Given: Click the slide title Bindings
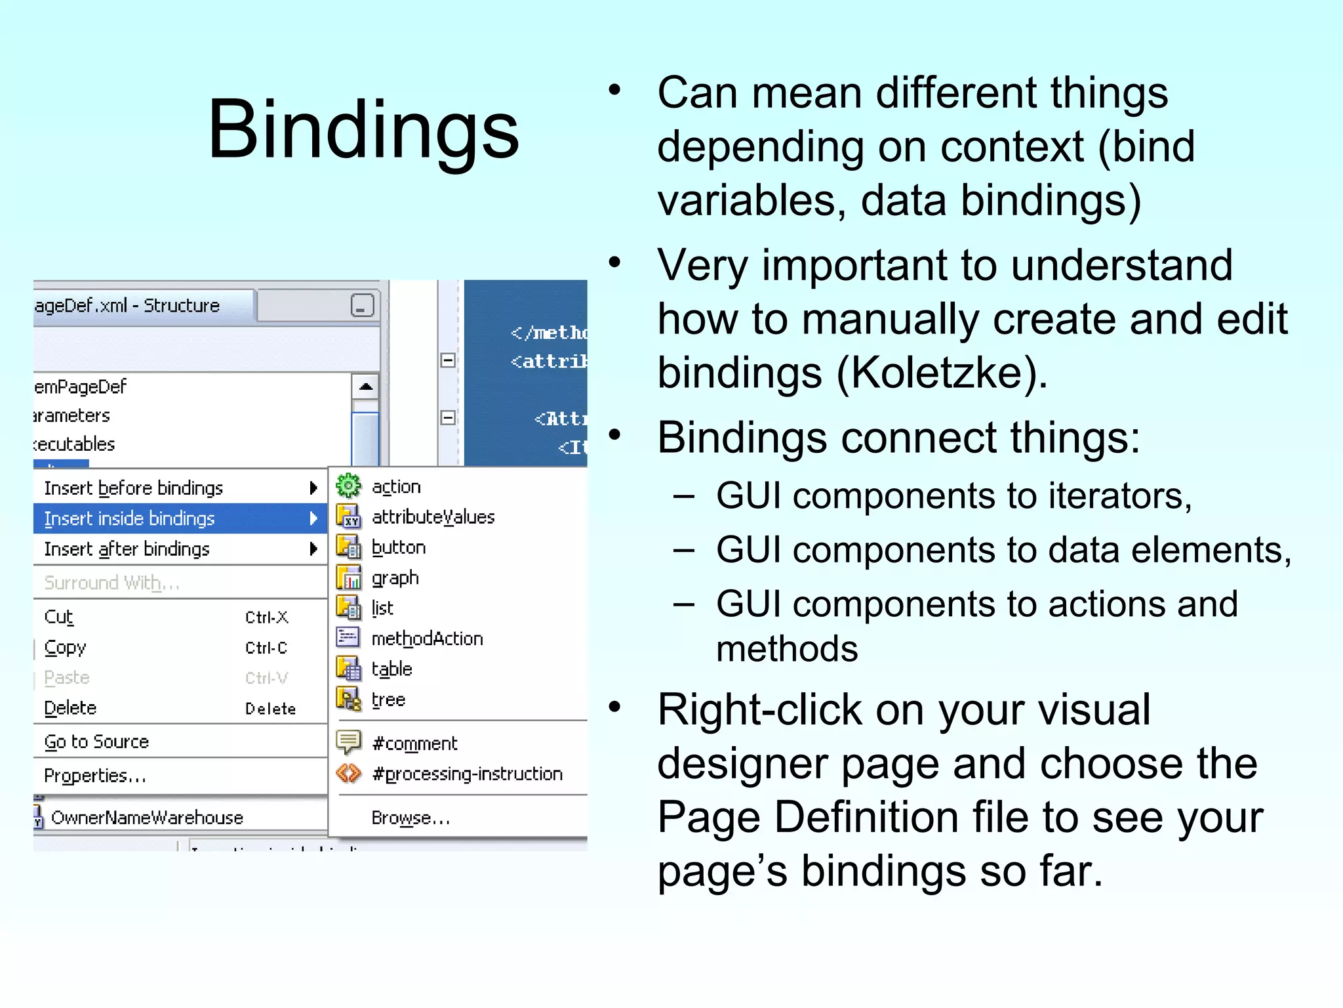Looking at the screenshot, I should pyautogui.click(x=363, y=129).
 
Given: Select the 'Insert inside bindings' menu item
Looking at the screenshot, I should pyautogui.click(x=130, y=518).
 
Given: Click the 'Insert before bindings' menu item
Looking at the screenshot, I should pyautogui.click(x=134, y=488).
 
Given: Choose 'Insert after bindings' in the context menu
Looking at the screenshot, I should pyautogui.click(x=127, y=549).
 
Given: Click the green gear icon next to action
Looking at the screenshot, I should pyautogui.click(x=348, y=486).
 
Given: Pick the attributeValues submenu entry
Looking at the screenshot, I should pyautogui.click(x=433, y=517).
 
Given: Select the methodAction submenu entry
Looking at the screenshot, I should pyautogui.click(x=427, y=639).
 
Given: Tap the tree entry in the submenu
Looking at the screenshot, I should pyautogui.click(x=388, y=700).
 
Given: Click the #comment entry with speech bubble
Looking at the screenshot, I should pyautogui.click(x=414, y=744).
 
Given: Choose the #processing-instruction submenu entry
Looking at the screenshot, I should pyautogui.click(x=467, y=774).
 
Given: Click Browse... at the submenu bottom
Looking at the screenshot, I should pyautogui.click(x=411, y=818).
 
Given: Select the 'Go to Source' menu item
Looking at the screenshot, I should pyautogui.click(x=96, y=742).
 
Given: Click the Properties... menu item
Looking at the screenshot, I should pyautogui.click(x=95, y=776).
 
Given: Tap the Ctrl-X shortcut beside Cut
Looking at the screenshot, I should pyautogui.click(x=266, y=618).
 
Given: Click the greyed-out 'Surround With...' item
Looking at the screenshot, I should pyautogui.click(x=111, y=583).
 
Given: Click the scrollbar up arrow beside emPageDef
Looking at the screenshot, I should pyautogui.click(x=366, y=387).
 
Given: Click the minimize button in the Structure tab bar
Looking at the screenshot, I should pyautogui.click(x=362, y=306).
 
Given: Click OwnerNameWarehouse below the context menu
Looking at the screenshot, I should pyautogui.click(x=147, y=818).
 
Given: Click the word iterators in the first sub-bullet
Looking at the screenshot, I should pyautogui.click(x=1115, y=495).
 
